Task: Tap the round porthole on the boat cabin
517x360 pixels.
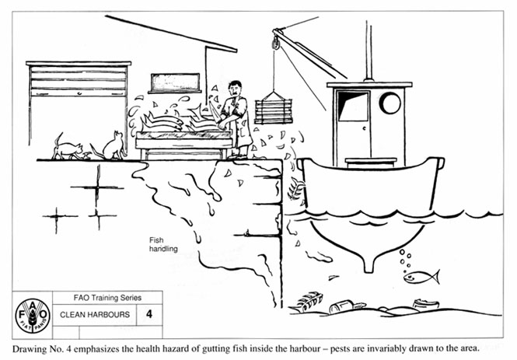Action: click(389, 103)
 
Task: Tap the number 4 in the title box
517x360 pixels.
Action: click(147, 315)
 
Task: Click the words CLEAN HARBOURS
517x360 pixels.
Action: click(87, 316)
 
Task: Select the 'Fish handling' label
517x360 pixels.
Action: click(164, 245)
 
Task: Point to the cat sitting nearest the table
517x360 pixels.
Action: click(114, 145)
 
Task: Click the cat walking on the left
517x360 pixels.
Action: click(68, 147)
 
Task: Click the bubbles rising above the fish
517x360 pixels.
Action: click(404, 257)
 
